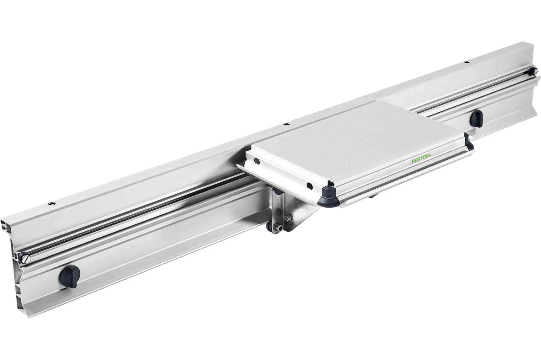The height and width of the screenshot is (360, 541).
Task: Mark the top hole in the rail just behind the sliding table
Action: point(286,124)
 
